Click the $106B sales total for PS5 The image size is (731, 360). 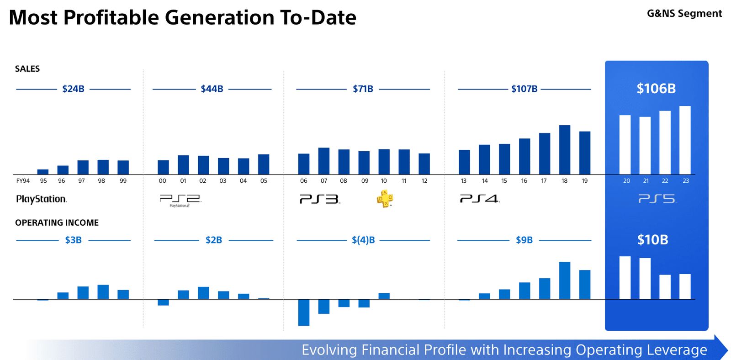pos(656,89)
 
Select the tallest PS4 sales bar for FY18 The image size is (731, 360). pos(565,150)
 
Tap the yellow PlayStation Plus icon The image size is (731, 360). pos(385,199)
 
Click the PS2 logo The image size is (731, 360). pos(180,200)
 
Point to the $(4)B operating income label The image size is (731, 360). pos(363,240)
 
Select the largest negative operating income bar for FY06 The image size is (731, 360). pos(304,312)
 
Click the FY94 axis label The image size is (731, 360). pos(23,181)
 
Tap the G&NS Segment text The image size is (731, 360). pos(684,14)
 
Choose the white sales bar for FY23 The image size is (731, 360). pos(685,140)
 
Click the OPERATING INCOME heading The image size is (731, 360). pos(57,223)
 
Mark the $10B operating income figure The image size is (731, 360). pos(652,240)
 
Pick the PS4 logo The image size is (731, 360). pos(479,199)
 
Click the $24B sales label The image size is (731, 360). pos(73,89)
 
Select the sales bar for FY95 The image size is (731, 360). pos(43,172)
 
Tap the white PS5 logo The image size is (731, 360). pos(657,199)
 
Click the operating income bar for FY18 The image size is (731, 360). pos(565,281)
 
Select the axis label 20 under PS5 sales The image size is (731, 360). pos(626,181)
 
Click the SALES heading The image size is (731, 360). pos(27,69)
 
